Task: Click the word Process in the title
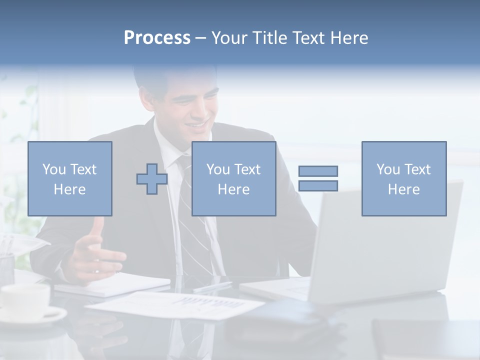(157, 38)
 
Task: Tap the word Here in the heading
(348, 38)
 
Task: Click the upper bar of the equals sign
(318, 171)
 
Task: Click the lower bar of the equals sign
(318, 186)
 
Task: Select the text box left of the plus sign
(70, 178)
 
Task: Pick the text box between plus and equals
(234, 178)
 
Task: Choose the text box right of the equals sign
(404, 178)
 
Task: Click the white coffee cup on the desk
(25, 300)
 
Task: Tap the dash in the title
(200, 38)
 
